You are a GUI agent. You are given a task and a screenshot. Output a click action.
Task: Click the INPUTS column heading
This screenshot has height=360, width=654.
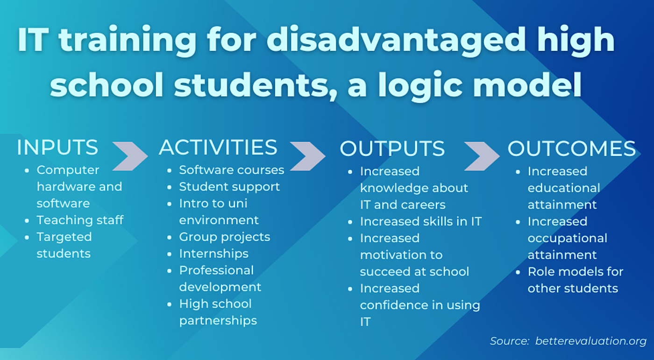point(57,148)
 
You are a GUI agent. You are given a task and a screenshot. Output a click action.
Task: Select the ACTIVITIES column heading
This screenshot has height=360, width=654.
point(218,148)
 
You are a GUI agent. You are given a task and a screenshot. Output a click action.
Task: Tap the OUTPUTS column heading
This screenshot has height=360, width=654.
point(392,149)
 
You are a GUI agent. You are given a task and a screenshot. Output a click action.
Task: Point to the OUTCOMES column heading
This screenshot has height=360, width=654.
point(571,149)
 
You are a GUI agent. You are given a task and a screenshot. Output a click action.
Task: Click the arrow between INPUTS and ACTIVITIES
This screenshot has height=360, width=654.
point(129,155)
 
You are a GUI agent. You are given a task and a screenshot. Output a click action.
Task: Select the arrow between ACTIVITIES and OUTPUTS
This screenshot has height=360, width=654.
point(307,155)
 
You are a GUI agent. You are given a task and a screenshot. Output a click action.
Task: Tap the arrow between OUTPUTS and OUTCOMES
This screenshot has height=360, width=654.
point(482,155)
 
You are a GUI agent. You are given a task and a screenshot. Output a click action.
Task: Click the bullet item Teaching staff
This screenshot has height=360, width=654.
point(80,220)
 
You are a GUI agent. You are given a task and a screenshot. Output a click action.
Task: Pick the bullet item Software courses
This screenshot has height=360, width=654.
point(231,169)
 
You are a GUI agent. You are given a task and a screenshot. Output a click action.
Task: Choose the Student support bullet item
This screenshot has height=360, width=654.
point(229,186)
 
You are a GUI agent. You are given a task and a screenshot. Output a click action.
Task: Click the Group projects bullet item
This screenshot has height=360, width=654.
point(224,237)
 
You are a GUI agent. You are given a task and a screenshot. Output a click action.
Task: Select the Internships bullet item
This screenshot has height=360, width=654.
point(213,254)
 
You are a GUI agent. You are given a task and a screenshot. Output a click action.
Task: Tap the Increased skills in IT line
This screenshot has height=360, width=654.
point(420,221)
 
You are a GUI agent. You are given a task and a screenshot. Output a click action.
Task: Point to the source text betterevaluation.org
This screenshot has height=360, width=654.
point(590,341)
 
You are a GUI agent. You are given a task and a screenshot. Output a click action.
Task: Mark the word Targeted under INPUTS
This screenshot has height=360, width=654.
point(64,237)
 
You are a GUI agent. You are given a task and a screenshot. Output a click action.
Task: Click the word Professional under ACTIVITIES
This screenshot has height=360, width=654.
point(216,270)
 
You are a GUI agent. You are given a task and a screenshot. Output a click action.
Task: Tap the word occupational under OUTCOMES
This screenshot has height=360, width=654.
point(567,238)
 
